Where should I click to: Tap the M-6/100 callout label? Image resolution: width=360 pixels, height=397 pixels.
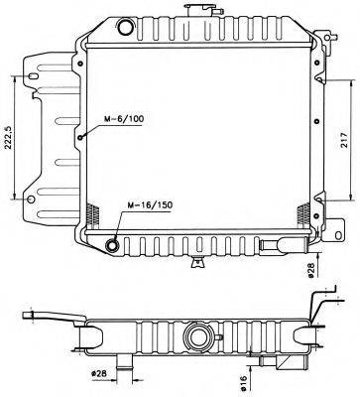[123, 121]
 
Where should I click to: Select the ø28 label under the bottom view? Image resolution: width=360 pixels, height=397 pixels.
[100, 374]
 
